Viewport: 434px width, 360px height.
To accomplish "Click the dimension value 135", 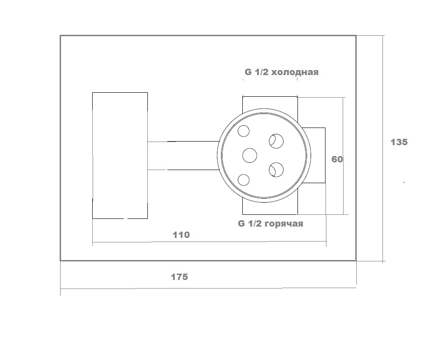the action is click(399, 142).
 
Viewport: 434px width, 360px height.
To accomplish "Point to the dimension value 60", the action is click(337, 159).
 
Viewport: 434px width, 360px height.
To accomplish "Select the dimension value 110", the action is click(181, 235).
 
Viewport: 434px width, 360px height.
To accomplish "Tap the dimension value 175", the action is click(179, 277).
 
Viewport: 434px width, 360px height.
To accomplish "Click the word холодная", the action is click(295, 72).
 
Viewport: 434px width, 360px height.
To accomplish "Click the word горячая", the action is click(284, 224).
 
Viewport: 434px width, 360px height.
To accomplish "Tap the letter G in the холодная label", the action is click(248, 72).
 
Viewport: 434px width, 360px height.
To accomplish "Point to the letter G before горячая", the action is click(241, 223).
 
